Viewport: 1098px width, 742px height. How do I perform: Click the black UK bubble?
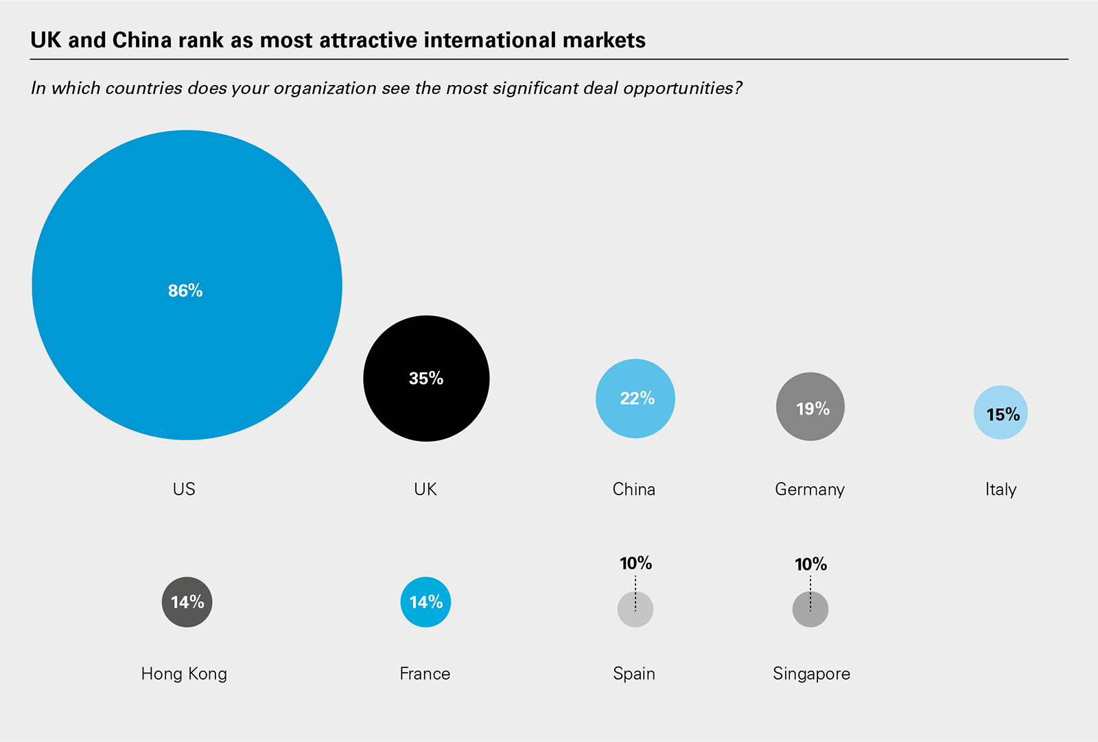pyautogui.click(x=426, y=379)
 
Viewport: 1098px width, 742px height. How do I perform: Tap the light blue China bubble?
pyautogui.click(x=635, y=398)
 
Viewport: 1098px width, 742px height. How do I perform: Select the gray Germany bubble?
pyautogui.click(x=810, y=407)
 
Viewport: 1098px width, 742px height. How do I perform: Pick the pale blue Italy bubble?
pyautogui.click(x=1001, y=413)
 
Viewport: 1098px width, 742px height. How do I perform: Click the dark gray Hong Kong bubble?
pyautogui.click(x=187, y=602)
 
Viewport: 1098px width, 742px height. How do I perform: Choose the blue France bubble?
pyautogui.click(x=425, y=602)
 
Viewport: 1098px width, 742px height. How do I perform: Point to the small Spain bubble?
pyautogui.click(x=635, y=610)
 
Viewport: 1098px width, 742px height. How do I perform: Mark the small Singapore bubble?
pyautogui.click(x=810, y=610)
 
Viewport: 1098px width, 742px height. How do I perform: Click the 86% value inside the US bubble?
pyautogui.click(x=185, y=291)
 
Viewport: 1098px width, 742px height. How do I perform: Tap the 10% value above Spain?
pyautogui.click(x=635, y=564)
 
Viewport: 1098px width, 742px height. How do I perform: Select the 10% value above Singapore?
pyautogui.click(x=810, y=564)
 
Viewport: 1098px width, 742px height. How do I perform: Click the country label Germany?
pyautogui.click(x=810, y=490)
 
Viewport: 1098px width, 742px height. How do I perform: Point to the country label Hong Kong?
pyautogui.click(x=184, y=673)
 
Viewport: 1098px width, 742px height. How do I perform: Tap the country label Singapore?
pyautogui.click(x=811, y=673)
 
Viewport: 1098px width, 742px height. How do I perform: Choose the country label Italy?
pyautogui.click(x=1001, y=490)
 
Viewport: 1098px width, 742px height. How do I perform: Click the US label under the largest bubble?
pyautogui.click(x=184, y=489)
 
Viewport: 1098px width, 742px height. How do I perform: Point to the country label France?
pyautogui.click(x=425, y=673)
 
